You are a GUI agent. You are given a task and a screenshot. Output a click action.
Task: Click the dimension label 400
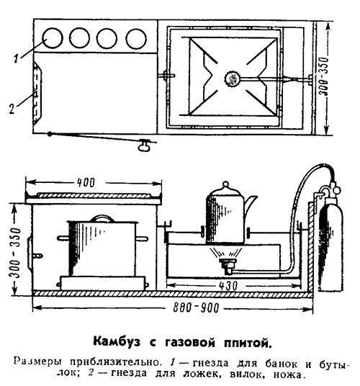86,183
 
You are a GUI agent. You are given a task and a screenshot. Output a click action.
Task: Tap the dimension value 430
228,286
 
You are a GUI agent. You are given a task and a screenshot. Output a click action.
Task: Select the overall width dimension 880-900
196,308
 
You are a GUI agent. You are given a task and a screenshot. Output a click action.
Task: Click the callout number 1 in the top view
16,59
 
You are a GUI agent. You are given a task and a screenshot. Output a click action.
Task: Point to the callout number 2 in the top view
12,109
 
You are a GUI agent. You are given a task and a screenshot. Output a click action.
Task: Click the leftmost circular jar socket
53,38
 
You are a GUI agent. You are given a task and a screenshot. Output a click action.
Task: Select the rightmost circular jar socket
136,39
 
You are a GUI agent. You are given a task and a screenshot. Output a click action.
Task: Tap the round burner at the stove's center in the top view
231,78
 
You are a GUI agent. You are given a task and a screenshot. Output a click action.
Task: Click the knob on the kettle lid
225,184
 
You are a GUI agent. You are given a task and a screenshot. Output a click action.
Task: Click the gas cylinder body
330,243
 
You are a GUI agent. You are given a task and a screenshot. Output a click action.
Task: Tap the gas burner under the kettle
228,265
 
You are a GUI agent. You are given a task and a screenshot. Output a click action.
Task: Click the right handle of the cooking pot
142,238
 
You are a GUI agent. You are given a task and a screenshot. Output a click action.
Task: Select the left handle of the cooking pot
63,238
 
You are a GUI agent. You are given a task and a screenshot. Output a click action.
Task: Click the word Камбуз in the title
117,342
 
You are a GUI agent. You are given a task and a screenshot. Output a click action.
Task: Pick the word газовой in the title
190,342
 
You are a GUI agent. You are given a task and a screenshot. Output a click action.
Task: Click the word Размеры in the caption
37,362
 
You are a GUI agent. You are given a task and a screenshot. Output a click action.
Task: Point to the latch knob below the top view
143,147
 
